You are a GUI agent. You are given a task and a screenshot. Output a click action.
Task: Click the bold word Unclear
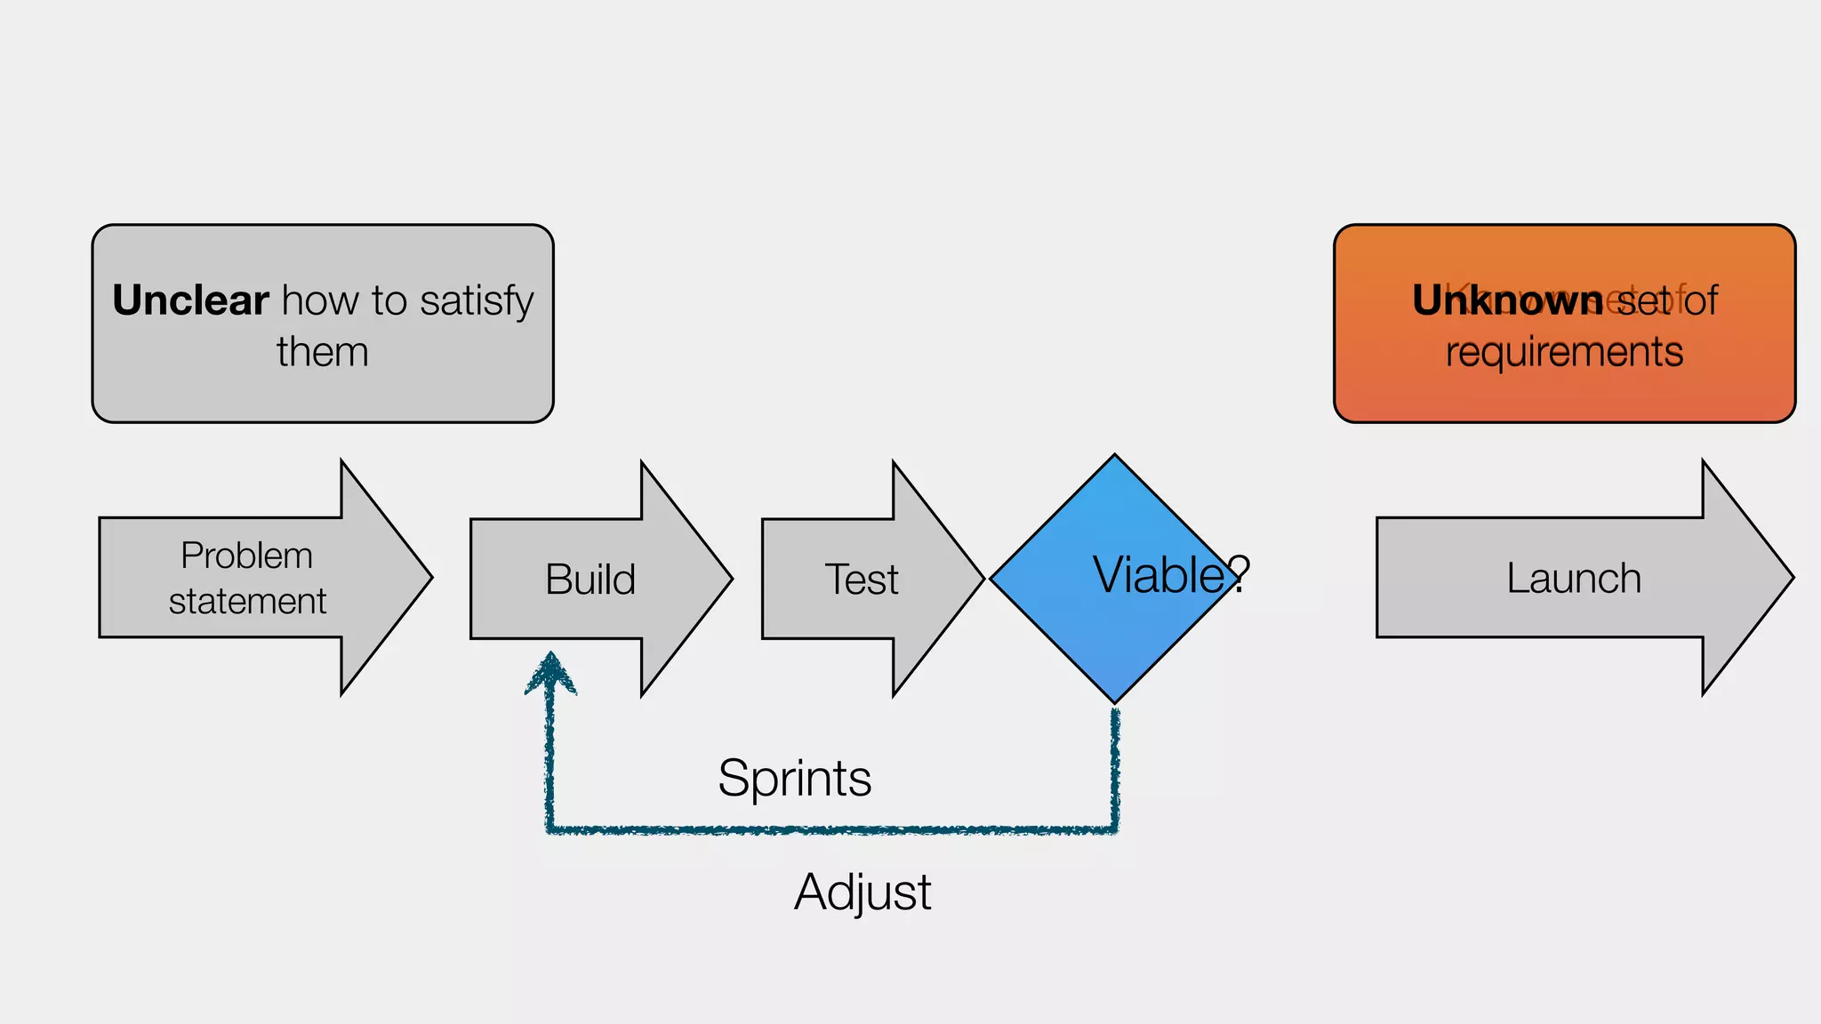click(190, 300)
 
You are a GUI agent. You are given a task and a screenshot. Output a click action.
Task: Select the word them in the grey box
click(322, 352)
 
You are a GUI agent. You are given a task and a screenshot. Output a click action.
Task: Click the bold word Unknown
click(1507, 300)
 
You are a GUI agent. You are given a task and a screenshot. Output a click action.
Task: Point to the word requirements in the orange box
click(1564, 352)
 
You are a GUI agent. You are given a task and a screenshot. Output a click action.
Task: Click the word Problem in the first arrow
click(246, 556)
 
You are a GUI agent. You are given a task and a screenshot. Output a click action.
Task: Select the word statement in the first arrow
click(247, 602)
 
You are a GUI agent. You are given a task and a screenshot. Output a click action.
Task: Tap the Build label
click(590, 580)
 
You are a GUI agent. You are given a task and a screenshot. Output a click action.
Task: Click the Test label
click(861, 580)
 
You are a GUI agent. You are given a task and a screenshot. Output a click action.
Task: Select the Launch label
click(1573, 579)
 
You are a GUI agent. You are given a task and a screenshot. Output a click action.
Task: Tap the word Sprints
click(794, 779)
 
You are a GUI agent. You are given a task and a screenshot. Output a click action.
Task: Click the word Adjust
click(862, 892)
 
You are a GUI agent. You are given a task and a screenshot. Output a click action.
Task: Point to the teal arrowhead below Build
click(551, 673)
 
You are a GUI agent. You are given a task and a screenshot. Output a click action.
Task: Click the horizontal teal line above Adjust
click(831, 830)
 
